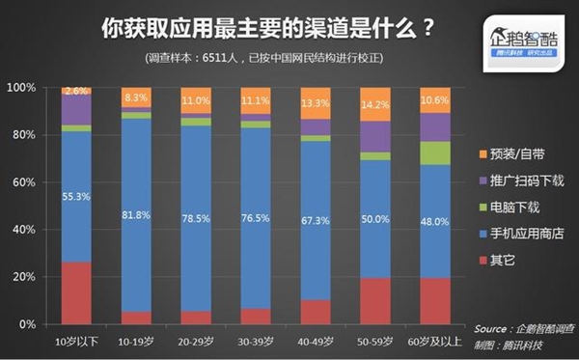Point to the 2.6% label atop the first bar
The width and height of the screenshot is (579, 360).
(x=76, y=91)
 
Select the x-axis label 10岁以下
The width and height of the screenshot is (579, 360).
(x=76, y=341)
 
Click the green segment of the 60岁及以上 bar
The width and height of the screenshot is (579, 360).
(x=436, y=153)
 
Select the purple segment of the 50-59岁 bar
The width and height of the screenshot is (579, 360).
(x=376, y=136)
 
